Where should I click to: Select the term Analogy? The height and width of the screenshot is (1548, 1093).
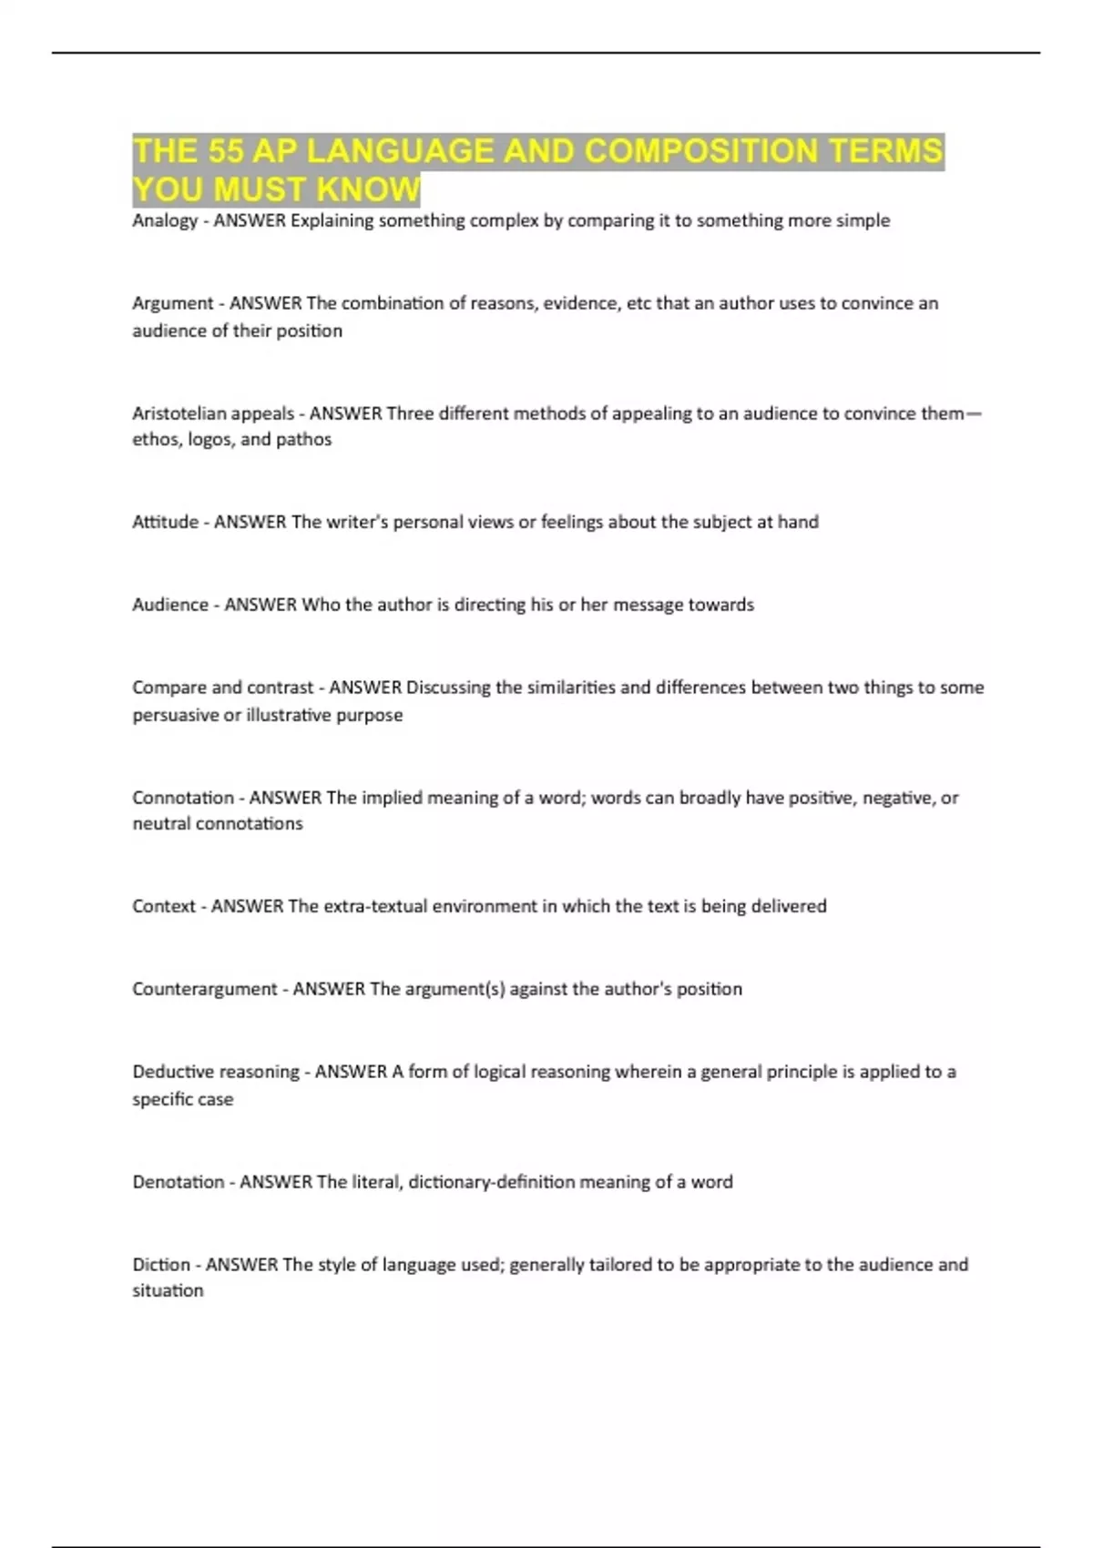coord(165,221)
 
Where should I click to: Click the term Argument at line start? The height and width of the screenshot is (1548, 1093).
coord(172,304)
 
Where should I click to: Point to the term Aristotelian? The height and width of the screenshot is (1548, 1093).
coord(179,413)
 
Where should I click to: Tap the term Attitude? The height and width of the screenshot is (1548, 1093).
coord(165,522)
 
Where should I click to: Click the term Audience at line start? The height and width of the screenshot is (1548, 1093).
coord(170,605)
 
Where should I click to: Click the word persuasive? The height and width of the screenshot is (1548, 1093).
coord(175,716)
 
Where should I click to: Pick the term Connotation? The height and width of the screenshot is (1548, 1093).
coord(182,798)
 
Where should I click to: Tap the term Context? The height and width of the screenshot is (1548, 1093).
coord(164,906)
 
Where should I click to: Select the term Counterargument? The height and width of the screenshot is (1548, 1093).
coord(205,989)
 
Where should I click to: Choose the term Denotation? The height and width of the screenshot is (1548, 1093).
coord(178,1182)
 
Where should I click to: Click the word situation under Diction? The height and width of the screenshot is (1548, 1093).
coord(168,1291)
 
